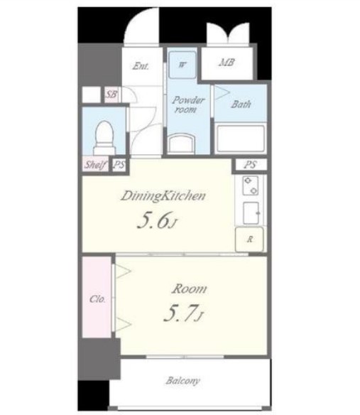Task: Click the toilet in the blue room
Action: pos(105,138)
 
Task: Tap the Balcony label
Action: pos(182,381)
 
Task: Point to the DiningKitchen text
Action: pos(163,196)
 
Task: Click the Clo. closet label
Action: pos(97,299)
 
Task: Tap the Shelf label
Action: pos(95,164)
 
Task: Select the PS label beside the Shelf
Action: pos(119,165)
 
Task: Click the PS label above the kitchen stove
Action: pos(250,165)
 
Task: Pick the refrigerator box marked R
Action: pos(249,239)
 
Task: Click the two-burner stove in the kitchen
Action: pos(250,185)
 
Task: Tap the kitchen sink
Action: pos(251,212)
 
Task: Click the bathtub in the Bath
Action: pos(241,138)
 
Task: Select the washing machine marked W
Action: pos(182,65)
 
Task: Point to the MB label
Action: pos(227,63)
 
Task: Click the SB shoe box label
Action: pos(111,94)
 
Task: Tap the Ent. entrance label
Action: pos(141,65)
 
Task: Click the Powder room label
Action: pos(188,104)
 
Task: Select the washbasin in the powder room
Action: pos(182,143)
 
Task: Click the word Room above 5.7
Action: pos(189,289)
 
